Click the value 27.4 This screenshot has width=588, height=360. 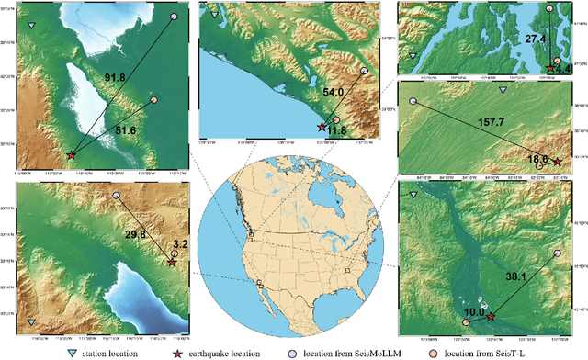pos(535,39)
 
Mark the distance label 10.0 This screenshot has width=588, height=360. pos(470,312)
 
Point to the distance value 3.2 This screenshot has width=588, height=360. pos(179,245)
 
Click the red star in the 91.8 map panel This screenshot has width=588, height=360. pos(71,156)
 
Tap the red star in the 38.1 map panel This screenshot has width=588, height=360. pos(490,317)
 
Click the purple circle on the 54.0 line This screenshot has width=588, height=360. pos(365,70)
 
